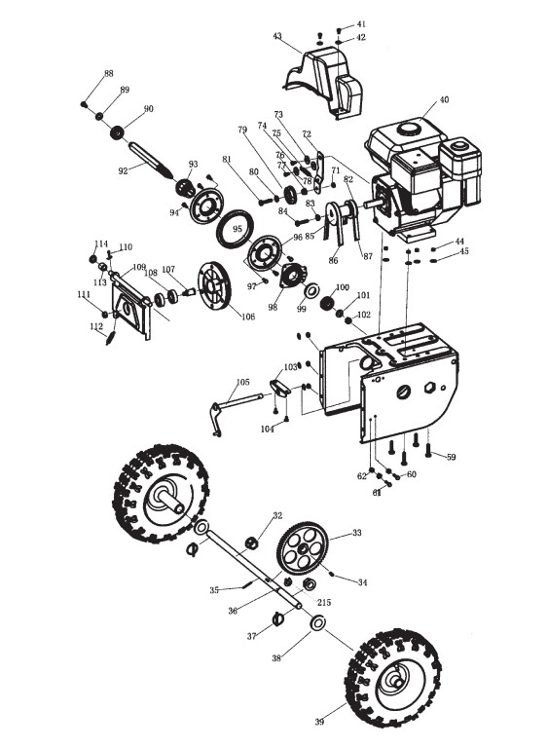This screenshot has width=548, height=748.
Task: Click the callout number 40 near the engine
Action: pos(444,99)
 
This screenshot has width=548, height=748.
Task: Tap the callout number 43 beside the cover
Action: pos(277,36)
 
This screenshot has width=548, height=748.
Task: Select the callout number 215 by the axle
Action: pos(324,603)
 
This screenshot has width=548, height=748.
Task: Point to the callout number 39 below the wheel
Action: pos(319,735)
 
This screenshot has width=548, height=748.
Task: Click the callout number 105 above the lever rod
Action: pos(242,382)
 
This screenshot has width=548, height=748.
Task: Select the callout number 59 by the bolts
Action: pos(451,457)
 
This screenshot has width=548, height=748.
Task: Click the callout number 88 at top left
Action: pos(109,73)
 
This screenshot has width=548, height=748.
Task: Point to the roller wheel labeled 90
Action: pos(117,132)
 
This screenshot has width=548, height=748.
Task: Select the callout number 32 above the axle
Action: pos(277,515)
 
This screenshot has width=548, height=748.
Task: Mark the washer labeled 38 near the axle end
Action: pos(317,622)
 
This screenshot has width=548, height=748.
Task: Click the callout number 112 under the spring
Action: pos(96,326)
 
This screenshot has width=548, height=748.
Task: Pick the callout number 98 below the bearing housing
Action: pos(273,308)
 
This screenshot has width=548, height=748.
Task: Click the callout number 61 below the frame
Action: pos(377,493)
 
